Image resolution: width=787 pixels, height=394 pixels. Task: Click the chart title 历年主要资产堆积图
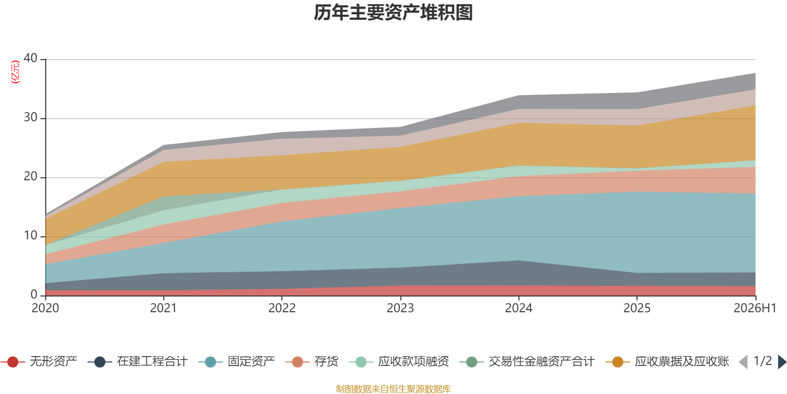pyautogui.click(x=393, y=13)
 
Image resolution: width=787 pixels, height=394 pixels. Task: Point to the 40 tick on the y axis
pyautogui.click(x=30, y=58)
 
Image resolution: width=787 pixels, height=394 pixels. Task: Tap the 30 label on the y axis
pyautogui.click(x=30, y=117)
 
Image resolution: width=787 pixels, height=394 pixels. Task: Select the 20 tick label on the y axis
pyautogui.click(x=30, y=176)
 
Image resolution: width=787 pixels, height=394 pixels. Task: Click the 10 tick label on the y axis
pyautogui.click(x=30, y=235)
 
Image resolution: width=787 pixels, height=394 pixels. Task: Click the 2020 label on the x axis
pyautogui.click(x=45, y=308)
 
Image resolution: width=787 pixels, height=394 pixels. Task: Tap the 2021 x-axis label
pyautogui.click(x=163, y=308)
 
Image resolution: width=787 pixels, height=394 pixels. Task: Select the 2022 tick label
pyautogui.click(x=282, y=308)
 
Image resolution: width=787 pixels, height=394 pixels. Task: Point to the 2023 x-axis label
pyautogui.click(x=400, y=308)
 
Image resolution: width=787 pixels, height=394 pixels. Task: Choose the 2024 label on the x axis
pyautogui.click(x=518, y=308)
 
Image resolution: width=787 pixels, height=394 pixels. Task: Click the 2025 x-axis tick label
pyautogui.click(x=637, y=308)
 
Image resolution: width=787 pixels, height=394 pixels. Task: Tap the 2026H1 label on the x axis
pyautogui.click(x=755, y=308)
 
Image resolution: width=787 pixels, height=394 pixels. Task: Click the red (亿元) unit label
pyautogui.click(x=15, y=72)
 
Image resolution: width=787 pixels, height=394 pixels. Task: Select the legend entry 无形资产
pyautogui.click(x=39, y=361)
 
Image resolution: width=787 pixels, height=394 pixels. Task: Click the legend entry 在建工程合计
pyautogui.click(x=138, y=361)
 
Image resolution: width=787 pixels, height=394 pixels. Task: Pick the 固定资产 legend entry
pyautogui.click(x=237, y=361)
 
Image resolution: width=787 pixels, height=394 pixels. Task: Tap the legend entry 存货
pyautogui.click(x=312, y=361)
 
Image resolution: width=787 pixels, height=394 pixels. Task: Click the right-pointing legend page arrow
pyautogui.click(x=782, y=361)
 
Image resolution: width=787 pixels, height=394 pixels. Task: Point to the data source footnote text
pyautogui.click(x=393, y=389)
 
